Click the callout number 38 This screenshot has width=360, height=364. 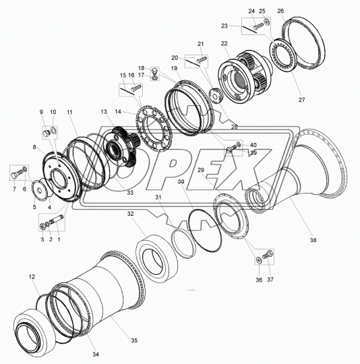313,240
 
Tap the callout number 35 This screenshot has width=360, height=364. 134,340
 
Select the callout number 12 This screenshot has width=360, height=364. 32,277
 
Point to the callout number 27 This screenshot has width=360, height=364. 301,100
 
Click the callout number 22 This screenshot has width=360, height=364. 224,43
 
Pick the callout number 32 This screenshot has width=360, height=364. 130,214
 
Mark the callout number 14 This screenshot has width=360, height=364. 118,112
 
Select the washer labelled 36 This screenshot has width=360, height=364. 259,260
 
